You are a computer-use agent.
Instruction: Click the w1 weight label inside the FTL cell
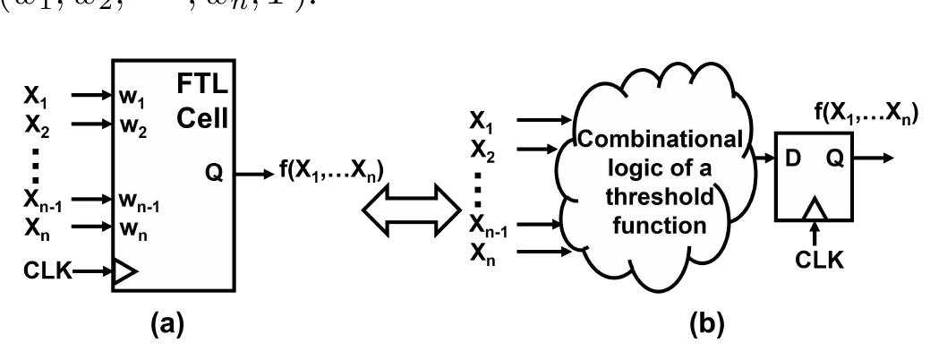129,95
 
